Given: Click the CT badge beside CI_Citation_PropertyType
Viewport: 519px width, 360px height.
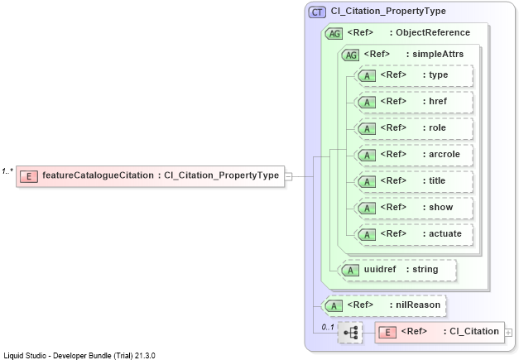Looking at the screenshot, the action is (317, 12).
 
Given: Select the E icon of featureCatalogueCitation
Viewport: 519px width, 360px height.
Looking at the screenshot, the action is (29, 176).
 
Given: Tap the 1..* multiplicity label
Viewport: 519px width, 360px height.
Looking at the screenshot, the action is (7, 171).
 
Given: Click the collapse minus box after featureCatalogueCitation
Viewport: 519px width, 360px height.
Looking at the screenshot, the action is (288, 177).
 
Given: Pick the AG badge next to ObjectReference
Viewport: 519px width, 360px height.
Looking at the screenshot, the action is (334, 34).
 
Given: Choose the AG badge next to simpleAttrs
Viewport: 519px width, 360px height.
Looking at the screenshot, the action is (350, 55).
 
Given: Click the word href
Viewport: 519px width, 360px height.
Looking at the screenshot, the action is (438, 101).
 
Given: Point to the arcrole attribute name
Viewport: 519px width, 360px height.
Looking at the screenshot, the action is (445, 154).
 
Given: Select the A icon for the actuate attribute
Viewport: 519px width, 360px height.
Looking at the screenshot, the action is (367, 234).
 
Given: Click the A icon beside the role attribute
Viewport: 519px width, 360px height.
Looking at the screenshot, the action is (367, 129).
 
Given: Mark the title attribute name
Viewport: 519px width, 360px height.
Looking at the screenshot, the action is (437, 180).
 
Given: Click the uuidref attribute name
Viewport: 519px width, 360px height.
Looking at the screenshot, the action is (380, 269).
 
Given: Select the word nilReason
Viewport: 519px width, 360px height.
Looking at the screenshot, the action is (418, 305).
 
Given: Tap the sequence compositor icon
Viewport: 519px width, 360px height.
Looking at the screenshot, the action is (350, 332).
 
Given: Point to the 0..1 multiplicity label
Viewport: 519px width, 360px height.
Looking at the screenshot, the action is (328, 327).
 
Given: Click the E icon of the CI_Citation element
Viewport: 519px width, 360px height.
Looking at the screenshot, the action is (387, 332).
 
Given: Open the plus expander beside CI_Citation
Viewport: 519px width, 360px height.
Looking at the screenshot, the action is (508, 333).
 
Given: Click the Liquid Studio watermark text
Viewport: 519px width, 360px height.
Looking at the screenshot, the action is (79, 356).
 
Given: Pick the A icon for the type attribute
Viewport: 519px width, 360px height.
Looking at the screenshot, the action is (367, 76).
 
